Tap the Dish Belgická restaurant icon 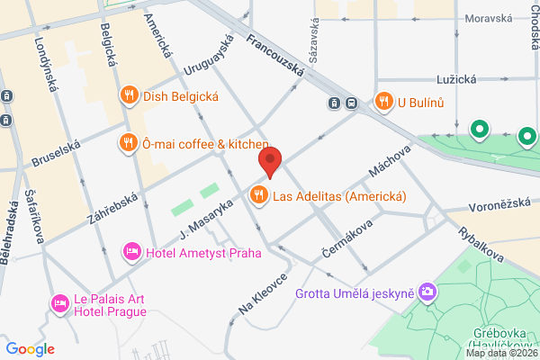tap(129, 94)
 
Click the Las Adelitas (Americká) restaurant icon tap(259, 195)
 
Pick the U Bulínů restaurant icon tap(384, 101)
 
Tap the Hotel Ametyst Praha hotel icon tap(132, 251)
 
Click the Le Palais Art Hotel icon tap(60, 302)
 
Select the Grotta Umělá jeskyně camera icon tap(427, 292)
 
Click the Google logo tap(30, 348)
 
